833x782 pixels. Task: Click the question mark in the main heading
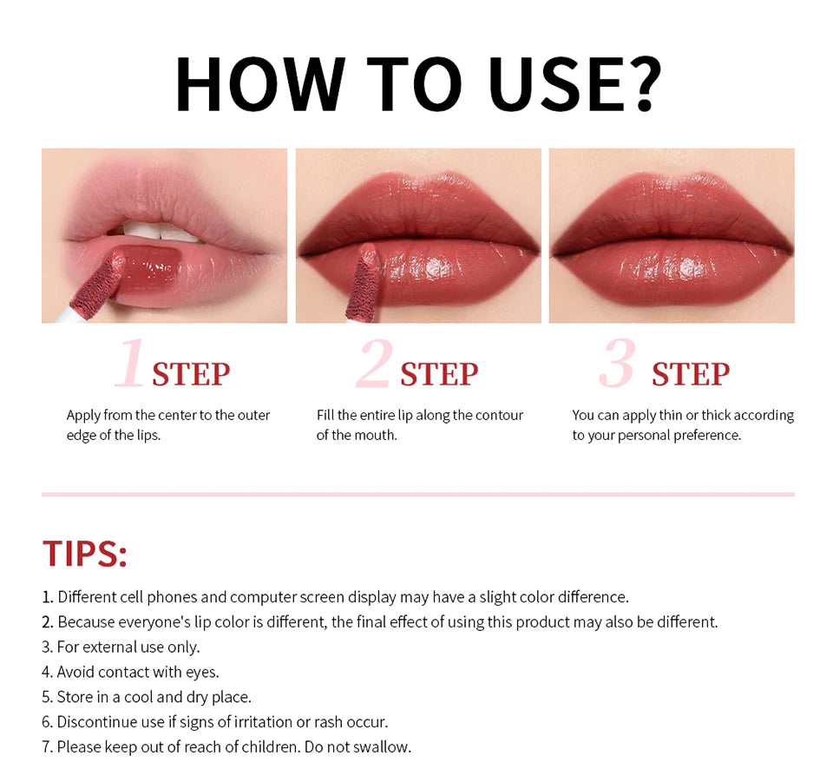point(644,83)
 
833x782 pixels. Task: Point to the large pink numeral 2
point(375,363)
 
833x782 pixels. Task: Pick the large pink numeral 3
point(617,363)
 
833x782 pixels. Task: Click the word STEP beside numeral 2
point(439,375)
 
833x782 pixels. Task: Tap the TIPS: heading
point(85,554)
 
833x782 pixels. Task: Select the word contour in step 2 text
point(498,415)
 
